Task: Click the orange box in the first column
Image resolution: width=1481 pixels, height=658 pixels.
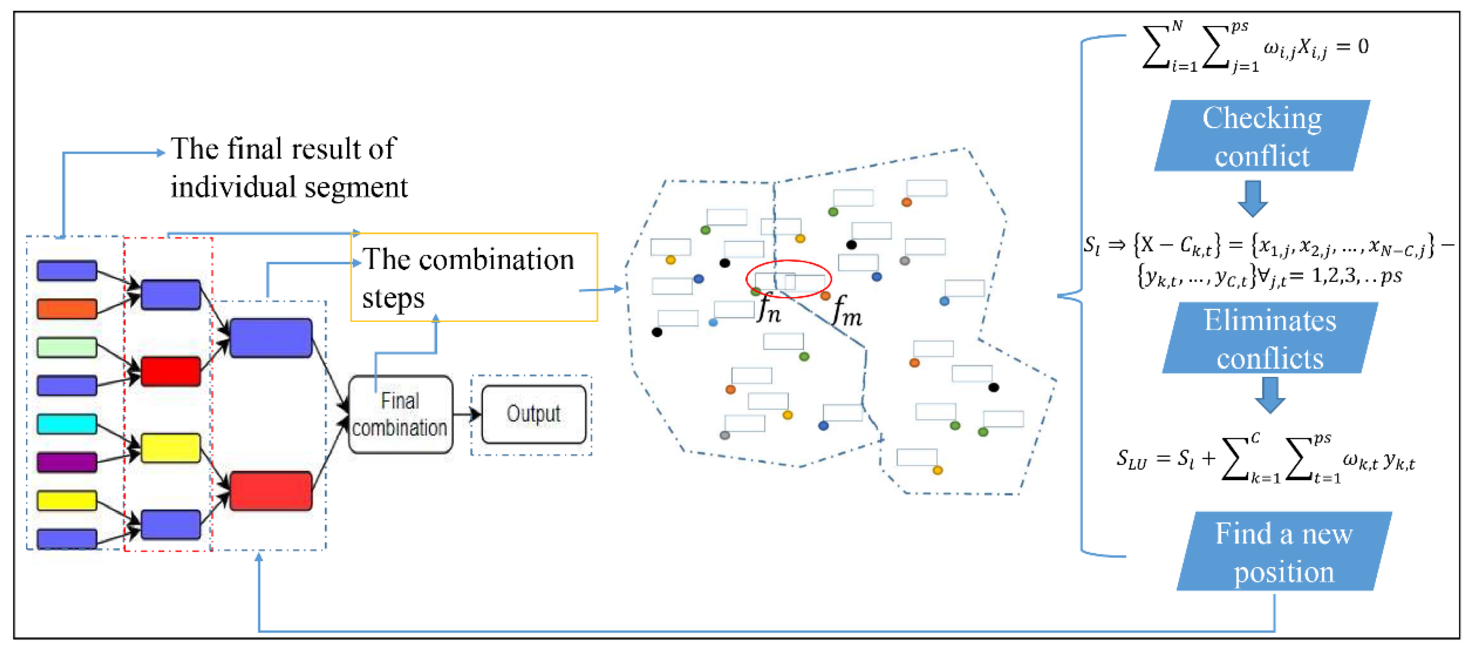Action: [67, 309]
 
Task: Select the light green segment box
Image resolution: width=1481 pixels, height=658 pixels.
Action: [67, 348]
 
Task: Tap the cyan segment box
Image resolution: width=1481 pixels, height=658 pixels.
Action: [67, 424]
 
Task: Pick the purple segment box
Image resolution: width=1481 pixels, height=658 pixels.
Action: [67, 462]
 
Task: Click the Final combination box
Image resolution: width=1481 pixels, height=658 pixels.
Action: [401, 415]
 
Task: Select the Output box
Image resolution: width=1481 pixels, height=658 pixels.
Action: [534, 414]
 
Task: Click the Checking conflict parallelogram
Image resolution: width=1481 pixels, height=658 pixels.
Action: [1262, 136]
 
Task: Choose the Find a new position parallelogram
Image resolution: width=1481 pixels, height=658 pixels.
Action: [1284, 551]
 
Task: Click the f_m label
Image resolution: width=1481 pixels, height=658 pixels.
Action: [846, 311]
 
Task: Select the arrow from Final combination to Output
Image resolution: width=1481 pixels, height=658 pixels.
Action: [467, 414]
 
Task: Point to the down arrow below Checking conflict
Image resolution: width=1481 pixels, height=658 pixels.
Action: [1252, 198]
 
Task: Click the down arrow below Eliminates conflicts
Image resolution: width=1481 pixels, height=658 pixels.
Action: [1270, 395]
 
